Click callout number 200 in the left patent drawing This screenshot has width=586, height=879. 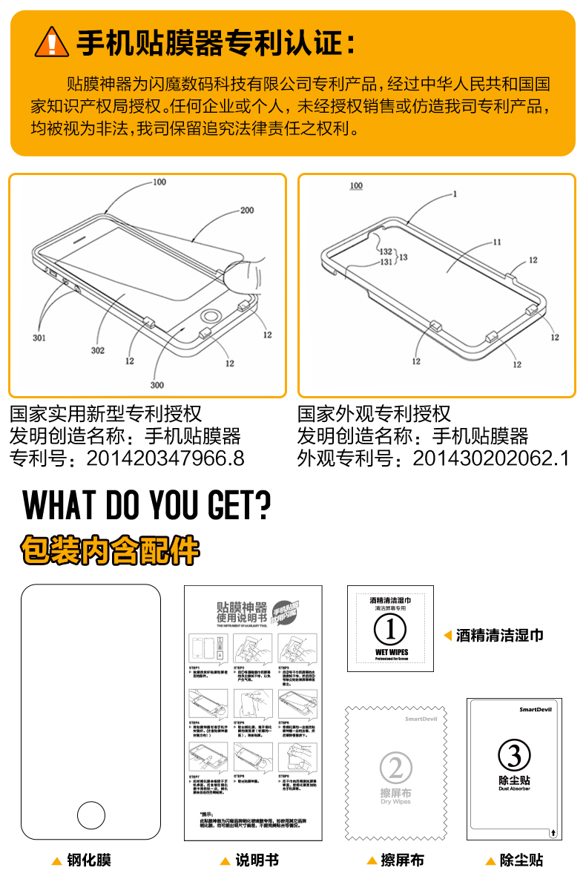pos(246,210)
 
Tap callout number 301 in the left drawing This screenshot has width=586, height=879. pos(39,338)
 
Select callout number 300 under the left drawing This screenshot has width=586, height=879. pos(157,385)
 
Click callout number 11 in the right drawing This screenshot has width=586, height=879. pos(496,242)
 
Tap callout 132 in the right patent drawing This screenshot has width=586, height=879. pos(386,251)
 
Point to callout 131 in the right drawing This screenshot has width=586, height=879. pos(386,262)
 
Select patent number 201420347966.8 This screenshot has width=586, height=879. pos(165,458)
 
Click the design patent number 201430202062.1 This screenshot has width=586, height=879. pos(490,458)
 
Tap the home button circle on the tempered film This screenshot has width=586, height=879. pos(90,814)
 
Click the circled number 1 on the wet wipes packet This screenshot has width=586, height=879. pos(390,630)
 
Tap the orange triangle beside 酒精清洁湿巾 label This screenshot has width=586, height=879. pos(447,635)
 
